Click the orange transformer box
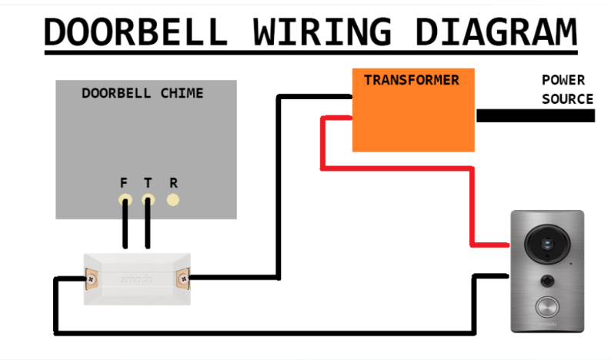coord(413,115)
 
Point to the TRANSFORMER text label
coord(411,80)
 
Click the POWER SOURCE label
coord(567,89)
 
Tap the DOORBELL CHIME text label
coord(142,93)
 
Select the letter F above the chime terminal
coord(124,183)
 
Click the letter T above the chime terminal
coord(148,183)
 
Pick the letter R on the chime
coord(173,183)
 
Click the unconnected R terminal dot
coord(173,200)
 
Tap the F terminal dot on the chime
coord(124,200)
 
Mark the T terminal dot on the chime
coord(148,200)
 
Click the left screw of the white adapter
coord(91,278)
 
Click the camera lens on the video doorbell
coord(546,245)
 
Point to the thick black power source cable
coord(535,115)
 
